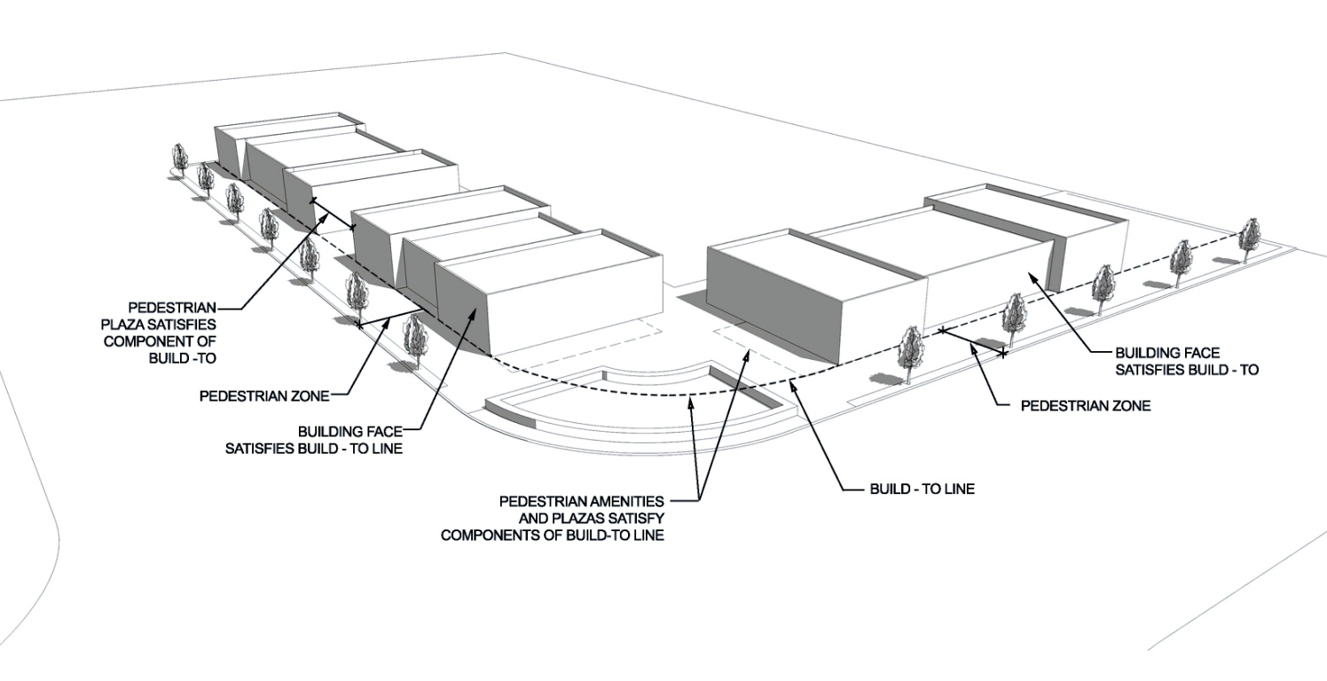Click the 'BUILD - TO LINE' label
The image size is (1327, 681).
pos(922,489)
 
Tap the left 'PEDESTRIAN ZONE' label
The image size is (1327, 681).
pos(264,396)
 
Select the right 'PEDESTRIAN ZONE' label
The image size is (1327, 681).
pos(1086,405)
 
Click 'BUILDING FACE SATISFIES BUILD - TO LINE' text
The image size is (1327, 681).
pos(313,440)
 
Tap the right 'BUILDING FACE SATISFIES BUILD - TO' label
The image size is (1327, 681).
pos(1187,361)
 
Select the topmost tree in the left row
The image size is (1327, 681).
pos(179,159)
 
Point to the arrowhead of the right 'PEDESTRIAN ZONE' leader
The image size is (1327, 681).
pos(972,348)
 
